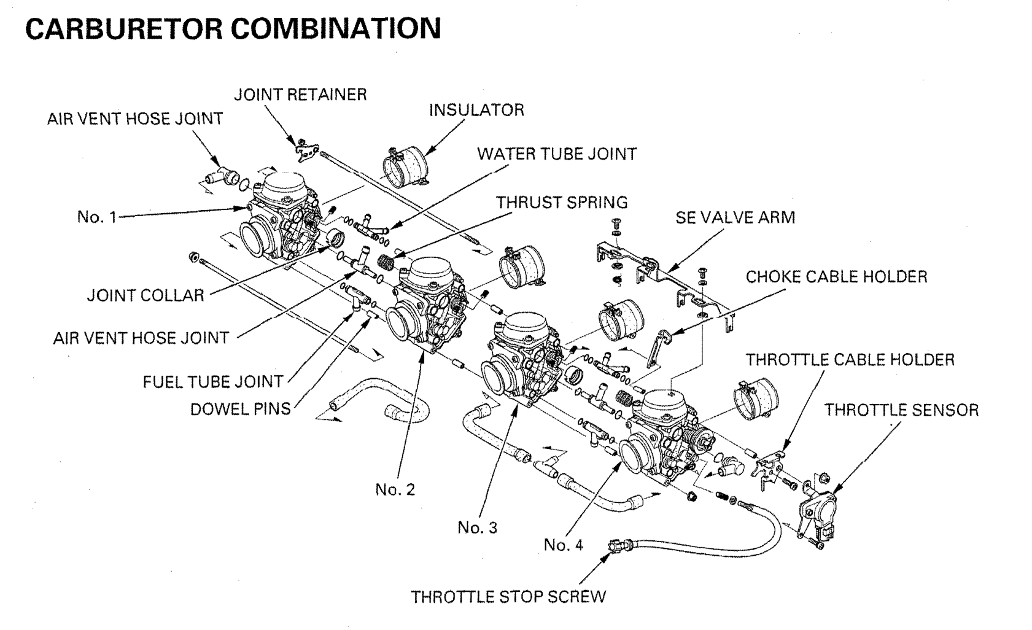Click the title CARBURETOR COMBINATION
[x=233, y=29]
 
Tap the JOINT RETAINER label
[x=300, y=95]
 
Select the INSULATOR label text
[x=476, y=110]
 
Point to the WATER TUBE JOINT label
[x=557, y=154]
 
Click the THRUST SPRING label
[x=562, y=202]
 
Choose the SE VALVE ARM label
[x=735, y=217]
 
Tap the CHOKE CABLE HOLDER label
[x=836, y=276]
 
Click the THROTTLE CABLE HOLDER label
[x=850, y=359]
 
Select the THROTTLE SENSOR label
[x=901, y=410]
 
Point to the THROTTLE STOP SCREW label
[x=508, y=597]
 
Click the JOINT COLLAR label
[x=145, y=295]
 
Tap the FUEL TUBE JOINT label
[x=213, y=381]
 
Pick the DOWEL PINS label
[x=241, y=409]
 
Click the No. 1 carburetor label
[x=97, y=217]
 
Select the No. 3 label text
[x=477, y=527]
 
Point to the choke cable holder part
[x=658, y=349]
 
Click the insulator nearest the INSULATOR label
[x=405, y=167]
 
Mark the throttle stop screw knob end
[x=616, y=546]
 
